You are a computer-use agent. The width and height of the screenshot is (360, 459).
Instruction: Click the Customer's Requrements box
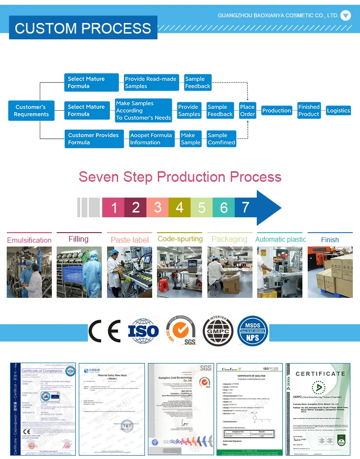[31, 111]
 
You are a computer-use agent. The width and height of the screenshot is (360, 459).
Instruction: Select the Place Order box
[248, 111]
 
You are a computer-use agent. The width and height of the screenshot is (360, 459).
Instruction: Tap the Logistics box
[338, 111]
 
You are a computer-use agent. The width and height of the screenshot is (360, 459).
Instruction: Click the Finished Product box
[309, 111]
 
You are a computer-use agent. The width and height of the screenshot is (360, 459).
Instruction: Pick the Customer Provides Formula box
[93, 139]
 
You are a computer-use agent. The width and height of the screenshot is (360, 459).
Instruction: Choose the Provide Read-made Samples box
[151, 82]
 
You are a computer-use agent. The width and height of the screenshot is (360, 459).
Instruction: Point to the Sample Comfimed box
[221, 139]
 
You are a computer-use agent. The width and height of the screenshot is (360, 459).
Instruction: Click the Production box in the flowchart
[276, 111]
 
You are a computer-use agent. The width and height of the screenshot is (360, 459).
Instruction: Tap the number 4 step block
[180, 208]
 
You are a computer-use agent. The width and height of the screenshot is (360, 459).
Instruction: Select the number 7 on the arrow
[246, 207]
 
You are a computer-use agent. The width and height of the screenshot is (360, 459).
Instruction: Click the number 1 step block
[114, 208]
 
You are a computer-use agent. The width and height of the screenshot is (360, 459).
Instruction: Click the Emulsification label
[29, 240]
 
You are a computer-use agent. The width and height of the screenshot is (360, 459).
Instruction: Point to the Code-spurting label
[180, 239]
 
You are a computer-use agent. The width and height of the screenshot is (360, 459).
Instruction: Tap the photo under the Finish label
[330, 272]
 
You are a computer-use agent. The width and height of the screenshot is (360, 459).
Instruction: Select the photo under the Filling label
[79, 272]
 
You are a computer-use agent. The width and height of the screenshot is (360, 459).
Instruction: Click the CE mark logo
[104, 331]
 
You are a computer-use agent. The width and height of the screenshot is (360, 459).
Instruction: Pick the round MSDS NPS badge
[252, 331]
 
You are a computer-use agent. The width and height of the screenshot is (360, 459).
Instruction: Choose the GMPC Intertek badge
[218, 331]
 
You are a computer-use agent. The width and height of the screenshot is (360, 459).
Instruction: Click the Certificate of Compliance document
[43, 409]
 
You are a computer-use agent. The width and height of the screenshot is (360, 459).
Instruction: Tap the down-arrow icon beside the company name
[346, 15]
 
